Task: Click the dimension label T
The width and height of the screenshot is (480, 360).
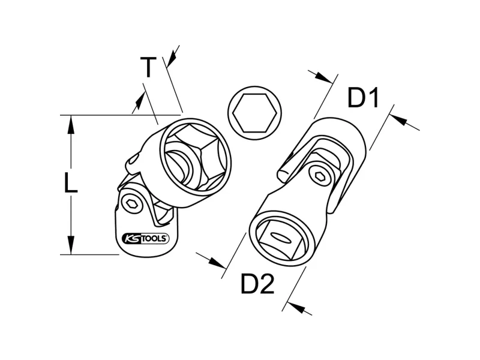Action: [148, 67]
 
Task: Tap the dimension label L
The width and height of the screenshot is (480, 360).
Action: [71, 183]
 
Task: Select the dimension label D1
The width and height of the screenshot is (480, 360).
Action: [364, 98]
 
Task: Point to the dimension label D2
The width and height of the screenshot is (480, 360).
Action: [257, 284]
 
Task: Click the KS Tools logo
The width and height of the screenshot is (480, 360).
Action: [145, 238]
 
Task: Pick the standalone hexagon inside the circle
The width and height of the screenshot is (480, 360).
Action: [254, 113]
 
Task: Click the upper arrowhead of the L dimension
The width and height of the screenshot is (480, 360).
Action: [71, 125]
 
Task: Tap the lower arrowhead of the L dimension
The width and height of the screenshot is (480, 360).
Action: [71, 245]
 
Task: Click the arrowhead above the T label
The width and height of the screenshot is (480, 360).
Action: [172, 59]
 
